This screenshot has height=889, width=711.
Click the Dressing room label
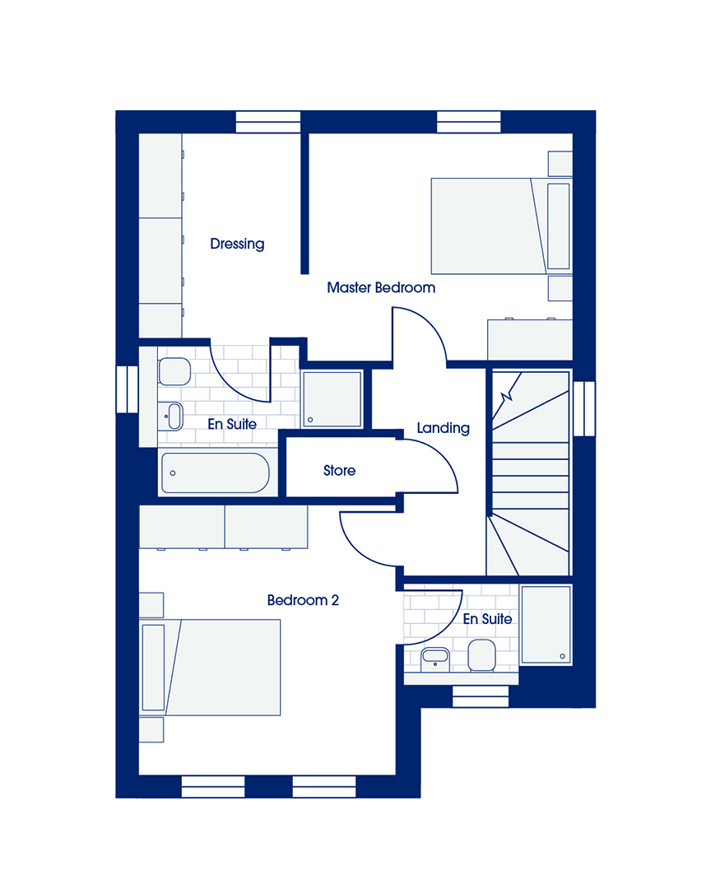click(x=237, y=244)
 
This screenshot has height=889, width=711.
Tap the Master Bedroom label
click(x=381, y=287)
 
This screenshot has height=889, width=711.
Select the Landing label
click(x=443, y=428)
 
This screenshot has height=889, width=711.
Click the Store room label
click(x=339, y=471)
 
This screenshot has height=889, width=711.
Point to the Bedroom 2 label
click(x=303, y=600)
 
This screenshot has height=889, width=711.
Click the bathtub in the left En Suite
click(x=215, y=472)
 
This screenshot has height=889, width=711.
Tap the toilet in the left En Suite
click(x=174, y=371)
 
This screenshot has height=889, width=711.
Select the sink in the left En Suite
click(x=172, y=417)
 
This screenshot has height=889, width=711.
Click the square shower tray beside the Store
click(x=332, y=398)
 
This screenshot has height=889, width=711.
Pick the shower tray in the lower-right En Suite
click(x=546, y=625)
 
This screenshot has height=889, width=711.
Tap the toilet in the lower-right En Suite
click(x=481, y=655)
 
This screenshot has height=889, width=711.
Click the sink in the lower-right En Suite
click(x=434, y=659)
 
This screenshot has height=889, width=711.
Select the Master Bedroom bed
click(x=501, y=226)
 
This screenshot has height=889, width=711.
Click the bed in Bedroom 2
click(x=210, y=667)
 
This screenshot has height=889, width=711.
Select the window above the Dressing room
click(x=267, y=122)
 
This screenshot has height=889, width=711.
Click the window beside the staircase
click(x=584, y=409)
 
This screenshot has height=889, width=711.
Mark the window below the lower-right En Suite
click(x=481, y=697)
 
